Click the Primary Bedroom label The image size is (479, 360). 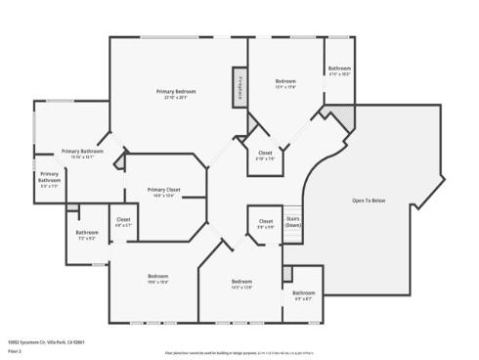177,92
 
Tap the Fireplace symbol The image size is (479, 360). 237,85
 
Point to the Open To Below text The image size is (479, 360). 369,200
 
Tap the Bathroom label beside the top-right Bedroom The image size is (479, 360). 338,68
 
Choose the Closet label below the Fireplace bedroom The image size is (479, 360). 265,153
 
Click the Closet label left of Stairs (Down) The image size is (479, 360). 265,221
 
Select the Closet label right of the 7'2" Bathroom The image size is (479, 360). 123,219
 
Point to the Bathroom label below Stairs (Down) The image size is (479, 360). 304,292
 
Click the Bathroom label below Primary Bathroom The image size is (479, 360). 87,232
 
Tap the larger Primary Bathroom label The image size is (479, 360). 83,152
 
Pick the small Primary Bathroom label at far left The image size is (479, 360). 49,176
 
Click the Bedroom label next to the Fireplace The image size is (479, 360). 285,81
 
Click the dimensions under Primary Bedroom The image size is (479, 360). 177,98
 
